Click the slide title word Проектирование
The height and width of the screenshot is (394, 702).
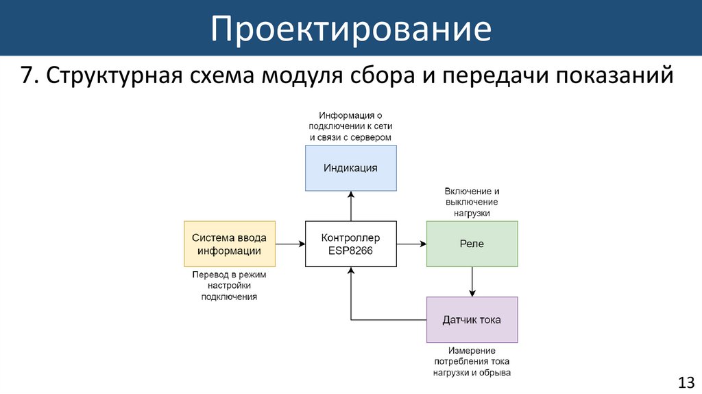(x=350, y=29)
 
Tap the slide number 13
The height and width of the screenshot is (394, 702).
(x=686, y=382)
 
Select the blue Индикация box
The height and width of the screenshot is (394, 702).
(x=350, y=167)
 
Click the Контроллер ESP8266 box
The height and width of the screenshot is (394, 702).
(x=350, y=244)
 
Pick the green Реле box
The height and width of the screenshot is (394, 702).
(x=472, y=244)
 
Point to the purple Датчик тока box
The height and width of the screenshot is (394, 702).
(x=472, y=320)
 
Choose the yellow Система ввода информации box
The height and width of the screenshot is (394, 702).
(x=230, y=244)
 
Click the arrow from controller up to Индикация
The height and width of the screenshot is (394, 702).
(x=351, y=206)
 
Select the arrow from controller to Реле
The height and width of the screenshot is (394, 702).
(x=411, y=244)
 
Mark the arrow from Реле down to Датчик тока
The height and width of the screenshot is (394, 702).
(x=472, y=281)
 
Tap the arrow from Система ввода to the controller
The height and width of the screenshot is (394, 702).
(x=290, y=244)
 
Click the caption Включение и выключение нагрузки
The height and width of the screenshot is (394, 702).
(x=472, y=202)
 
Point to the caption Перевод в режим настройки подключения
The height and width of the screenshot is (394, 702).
(x=229, y=286)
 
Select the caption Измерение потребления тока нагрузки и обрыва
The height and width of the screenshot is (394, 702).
(x=472, y=362)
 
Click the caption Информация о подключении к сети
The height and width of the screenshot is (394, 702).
(x=350, y=126)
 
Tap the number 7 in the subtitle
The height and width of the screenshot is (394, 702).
(x=27, y=76)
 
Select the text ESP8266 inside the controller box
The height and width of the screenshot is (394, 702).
(x=350, y=251)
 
